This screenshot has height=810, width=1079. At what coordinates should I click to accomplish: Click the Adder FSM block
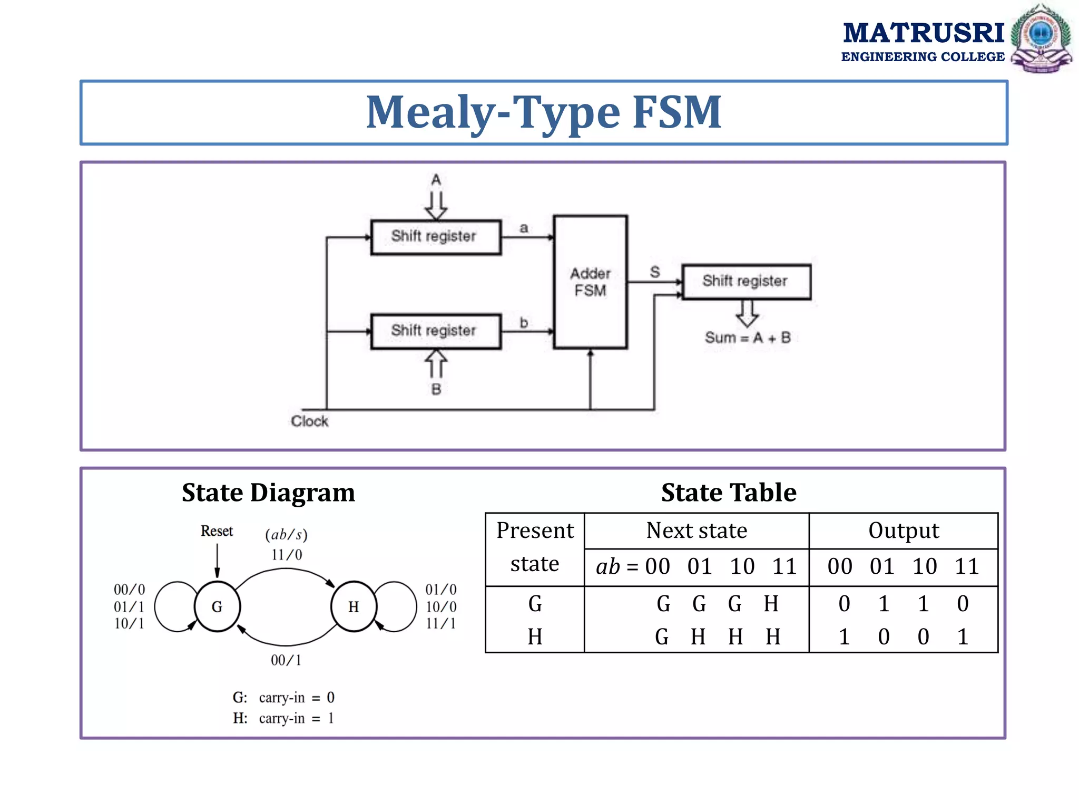coord(590,282)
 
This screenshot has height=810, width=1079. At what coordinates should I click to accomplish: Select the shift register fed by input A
coord(436,237)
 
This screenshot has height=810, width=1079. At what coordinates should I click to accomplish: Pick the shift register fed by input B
coord(436,332)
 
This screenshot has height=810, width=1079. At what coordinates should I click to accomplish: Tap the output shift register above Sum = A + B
coord(746,282)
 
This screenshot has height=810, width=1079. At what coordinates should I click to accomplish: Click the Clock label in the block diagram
coord(309,421)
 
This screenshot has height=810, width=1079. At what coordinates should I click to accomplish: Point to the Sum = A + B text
coord(748,338)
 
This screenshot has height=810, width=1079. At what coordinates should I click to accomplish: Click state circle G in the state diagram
coord(217,607)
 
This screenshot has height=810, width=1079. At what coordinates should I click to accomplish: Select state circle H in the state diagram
coord(354,607)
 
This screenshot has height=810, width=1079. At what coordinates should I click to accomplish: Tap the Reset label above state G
coord(217,531)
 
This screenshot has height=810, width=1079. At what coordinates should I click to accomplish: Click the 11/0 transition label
coord(287,555)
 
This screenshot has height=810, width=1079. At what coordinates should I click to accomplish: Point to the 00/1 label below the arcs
coord(286,660)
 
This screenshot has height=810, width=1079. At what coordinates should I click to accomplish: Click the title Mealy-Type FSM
coord(544,112)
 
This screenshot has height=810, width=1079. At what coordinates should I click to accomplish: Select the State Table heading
coord(729,493)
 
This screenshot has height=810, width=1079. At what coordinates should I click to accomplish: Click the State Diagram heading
coord(268,493)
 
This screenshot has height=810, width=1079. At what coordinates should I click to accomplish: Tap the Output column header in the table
coord(904,531)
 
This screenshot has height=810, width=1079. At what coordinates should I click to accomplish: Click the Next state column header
coord(697,531)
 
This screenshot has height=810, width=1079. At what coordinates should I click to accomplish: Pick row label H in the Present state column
coord(535,637)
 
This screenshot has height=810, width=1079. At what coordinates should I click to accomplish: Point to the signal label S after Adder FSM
coord(655,272)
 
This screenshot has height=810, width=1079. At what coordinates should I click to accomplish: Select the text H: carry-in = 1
coord(283,718)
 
